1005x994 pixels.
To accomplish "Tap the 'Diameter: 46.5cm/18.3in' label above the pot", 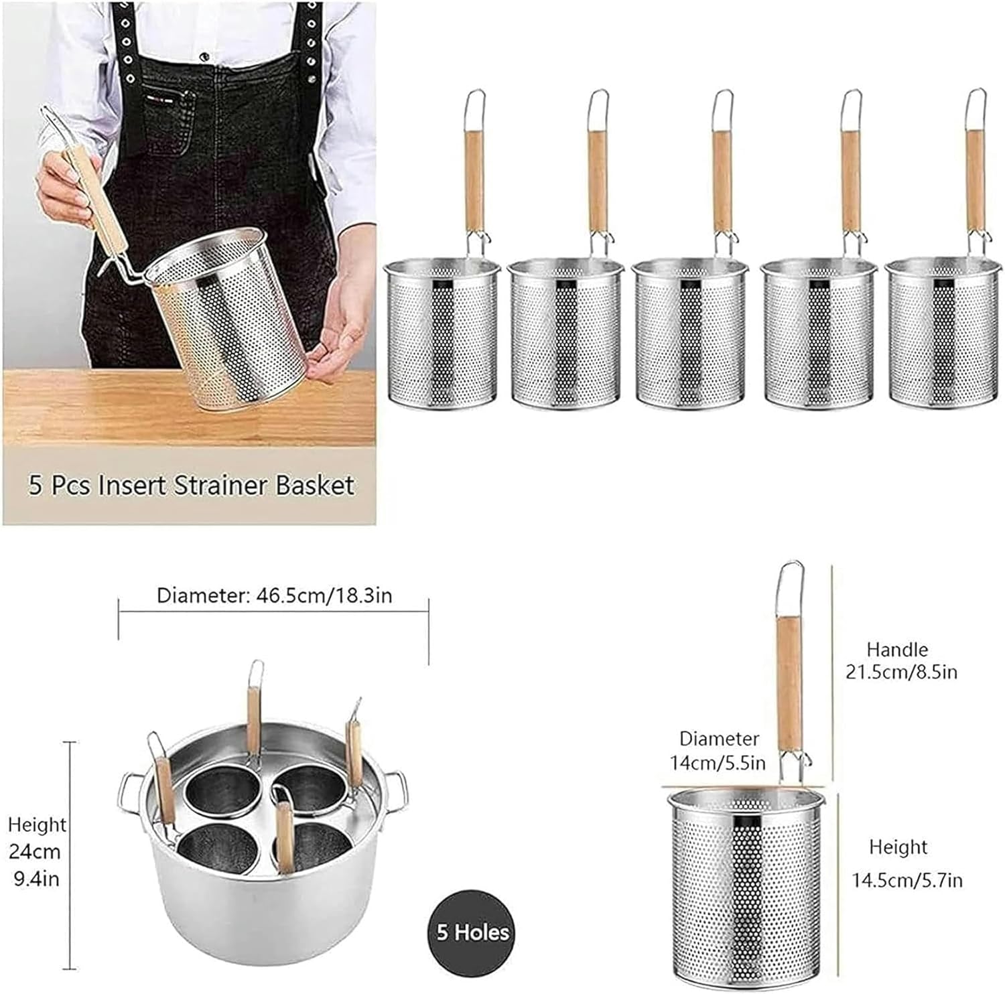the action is (x=274, y=595).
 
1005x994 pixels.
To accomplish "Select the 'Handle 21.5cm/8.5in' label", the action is (x=901, y=660).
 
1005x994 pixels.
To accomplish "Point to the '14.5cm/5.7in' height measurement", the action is (x=907, y=879).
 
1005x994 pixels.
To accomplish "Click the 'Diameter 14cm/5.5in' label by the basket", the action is (x=718, y=750).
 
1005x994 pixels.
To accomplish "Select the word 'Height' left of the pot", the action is (x=38, y=825).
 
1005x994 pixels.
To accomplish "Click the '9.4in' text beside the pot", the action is (x=37, y=878).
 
